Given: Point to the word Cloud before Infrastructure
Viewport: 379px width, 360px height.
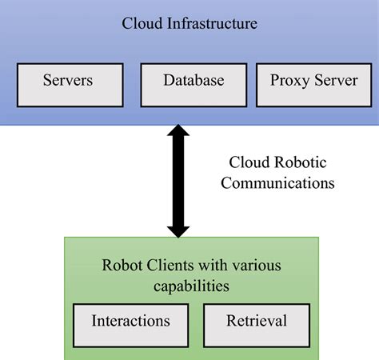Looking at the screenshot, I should tap(142, 23).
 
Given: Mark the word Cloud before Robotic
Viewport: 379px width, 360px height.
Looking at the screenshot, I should tap(249, 162).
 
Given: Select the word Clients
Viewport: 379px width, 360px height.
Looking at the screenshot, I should tap(168, 266).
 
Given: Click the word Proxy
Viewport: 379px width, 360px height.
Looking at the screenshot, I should tap(287, 82).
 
